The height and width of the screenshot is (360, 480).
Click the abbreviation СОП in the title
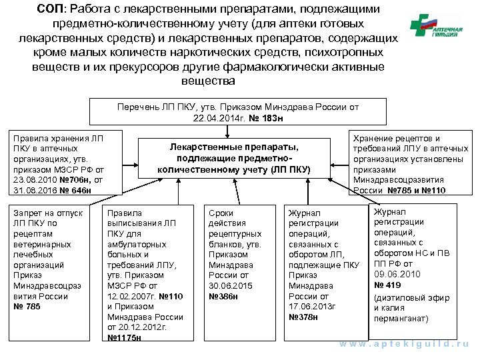pos(53,9)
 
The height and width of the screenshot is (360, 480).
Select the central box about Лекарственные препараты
pos(234,158)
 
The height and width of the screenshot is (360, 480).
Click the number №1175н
pos(125,337)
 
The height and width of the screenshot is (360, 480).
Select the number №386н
pos(223,295)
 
